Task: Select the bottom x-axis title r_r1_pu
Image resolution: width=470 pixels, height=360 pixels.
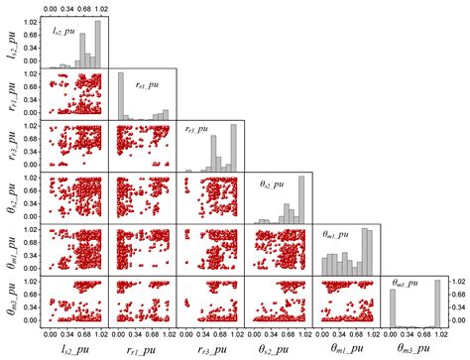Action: point(143,347)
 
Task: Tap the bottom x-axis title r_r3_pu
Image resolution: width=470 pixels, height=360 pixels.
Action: point(210,347)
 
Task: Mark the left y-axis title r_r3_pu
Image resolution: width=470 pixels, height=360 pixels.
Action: point(10,146)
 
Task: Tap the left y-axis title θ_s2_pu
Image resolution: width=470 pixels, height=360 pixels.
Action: point(10,198)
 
